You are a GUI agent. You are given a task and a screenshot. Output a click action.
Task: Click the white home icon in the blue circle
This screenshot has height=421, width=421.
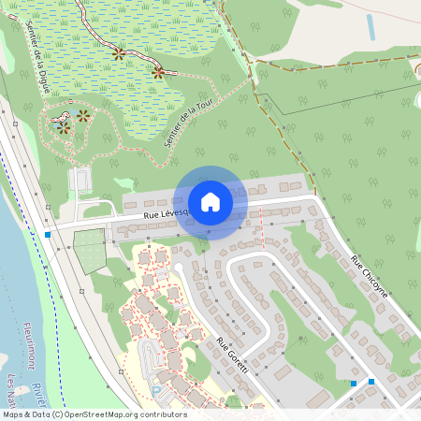pos(210,201)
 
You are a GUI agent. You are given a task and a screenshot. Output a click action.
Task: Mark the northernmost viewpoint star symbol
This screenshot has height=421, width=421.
pos(118,54)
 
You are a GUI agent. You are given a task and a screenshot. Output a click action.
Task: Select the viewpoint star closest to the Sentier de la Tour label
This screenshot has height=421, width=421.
pos(158,72)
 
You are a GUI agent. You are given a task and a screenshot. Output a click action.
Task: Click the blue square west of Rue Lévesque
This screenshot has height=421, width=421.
pos(48,234)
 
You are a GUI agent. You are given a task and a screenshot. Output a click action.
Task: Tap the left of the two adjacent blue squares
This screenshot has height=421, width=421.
pos(354,383)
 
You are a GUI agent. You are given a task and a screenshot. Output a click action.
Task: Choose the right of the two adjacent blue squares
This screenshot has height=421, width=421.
pos(371,382)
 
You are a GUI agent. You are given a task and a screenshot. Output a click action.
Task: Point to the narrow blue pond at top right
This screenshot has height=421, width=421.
pos(371,26)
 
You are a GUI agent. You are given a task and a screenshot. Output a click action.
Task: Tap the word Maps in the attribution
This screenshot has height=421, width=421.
pos(13,414)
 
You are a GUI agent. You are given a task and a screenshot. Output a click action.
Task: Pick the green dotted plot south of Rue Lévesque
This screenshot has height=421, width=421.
pos(90,251)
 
